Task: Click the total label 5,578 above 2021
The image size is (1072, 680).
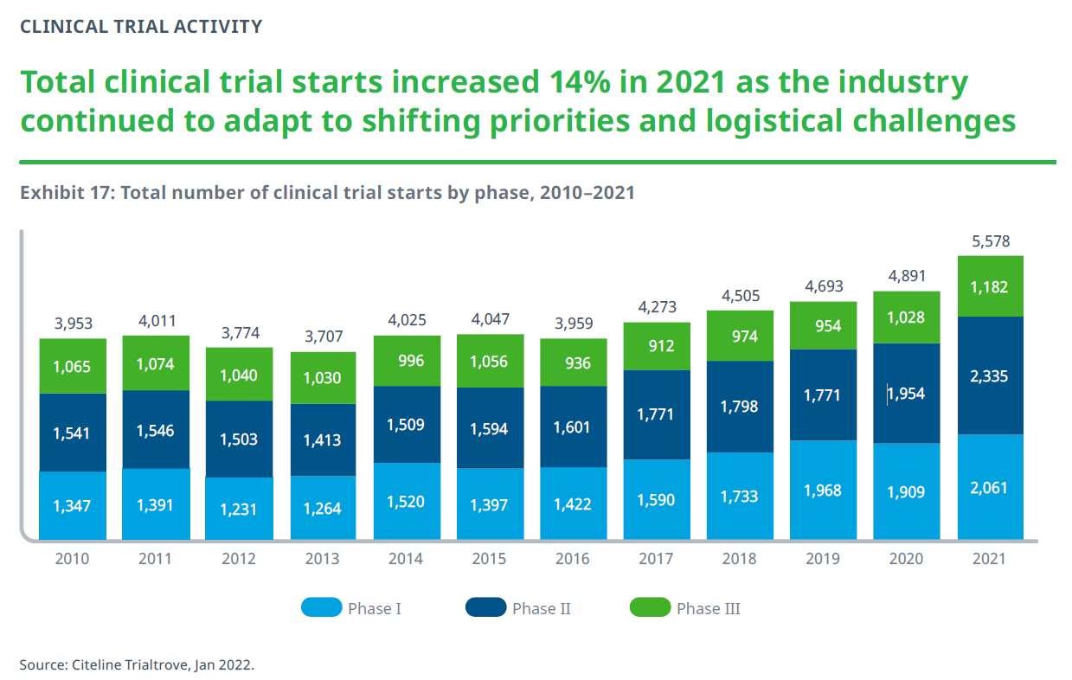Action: pos(991,241)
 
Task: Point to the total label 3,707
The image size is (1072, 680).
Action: pos(323,337)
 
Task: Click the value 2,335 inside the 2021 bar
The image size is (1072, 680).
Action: pos(991,376)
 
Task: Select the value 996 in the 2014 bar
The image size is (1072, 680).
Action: pos(406,360)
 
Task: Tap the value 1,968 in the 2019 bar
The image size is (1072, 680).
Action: pos(823,490)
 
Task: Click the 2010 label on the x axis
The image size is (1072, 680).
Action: pos(72,559)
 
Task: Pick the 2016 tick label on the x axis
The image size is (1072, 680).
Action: pos(573,559)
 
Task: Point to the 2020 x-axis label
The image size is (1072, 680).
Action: pos(906,559)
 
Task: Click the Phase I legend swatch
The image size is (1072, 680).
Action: pos(321,608)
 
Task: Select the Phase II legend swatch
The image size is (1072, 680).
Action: pos(485,608)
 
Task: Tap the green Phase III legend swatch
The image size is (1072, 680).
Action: pos(650,608)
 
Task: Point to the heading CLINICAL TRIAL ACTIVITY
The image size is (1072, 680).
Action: pos(140,26)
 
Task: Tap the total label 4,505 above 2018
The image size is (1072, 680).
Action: pos(740,296)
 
